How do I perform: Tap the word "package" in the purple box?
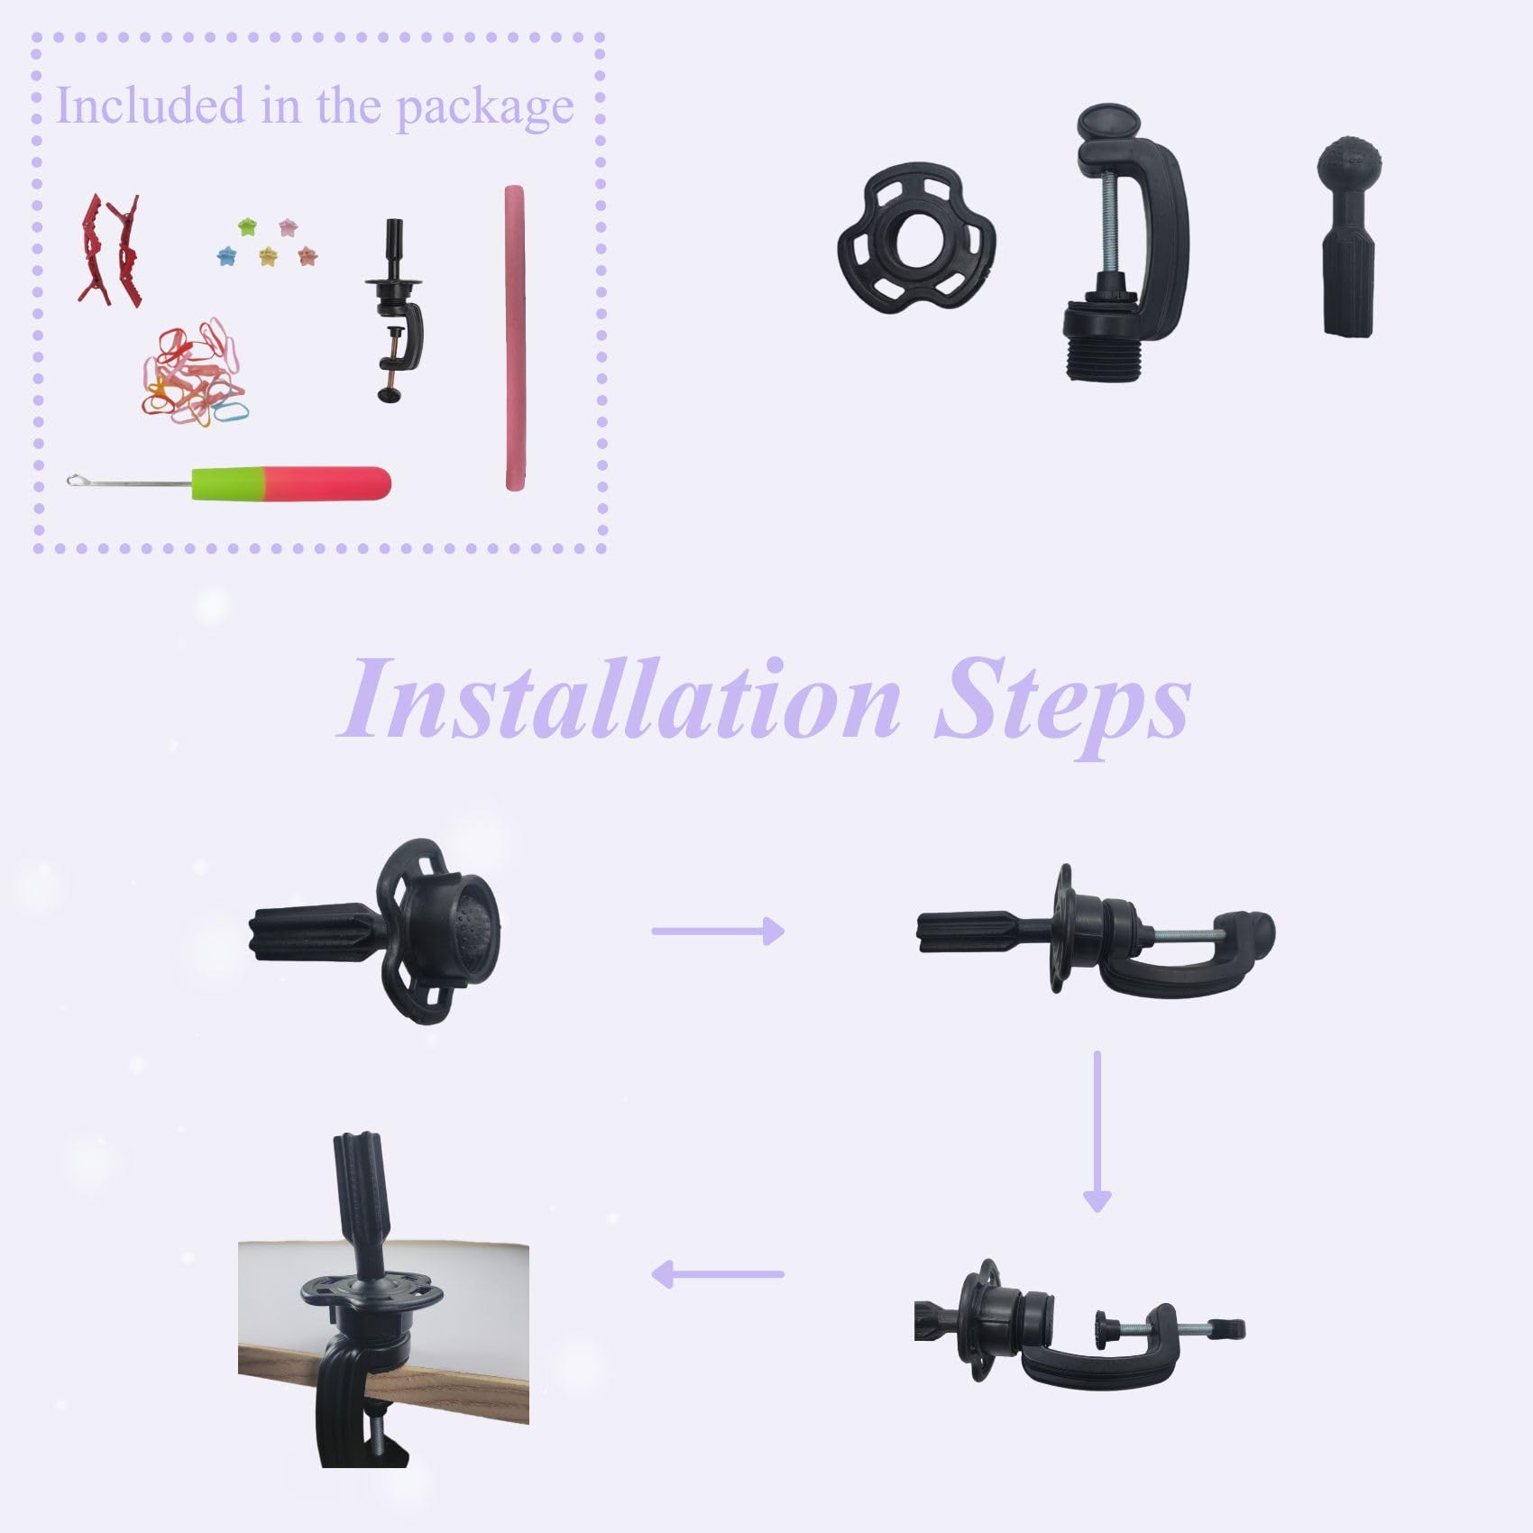[x=485, y=109]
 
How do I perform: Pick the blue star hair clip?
[x=226, y=256]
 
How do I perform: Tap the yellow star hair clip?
[x=268, y=257]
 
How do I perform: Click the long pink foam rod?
[x=515, y=338]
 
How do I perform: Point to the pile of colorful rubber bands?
[x=192, y=372]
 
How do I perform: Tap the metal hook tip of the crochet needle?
[x=76, y=481]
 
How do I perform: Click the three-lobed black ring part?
[x=917, y=237]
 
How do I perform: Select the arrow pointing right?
[x=718, y=931]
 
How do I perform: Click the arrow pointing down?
[x=1097, y=1131]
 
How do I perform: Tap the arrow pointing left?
[x=717, y=1274]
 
